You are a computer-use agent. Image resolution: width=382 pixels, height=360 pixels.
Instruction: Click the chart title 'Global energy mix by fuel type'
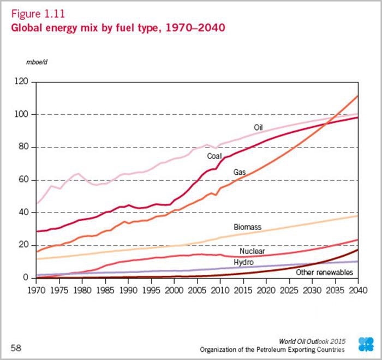117,26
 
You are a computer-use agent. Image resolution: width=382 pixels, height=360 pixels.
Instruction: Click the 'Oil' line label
259,127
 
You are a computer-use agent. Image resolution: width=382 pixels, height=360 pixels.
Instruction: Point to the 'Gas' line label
240,172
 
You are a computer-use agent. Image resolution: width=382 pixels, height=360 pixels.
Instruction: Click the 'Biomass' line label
247,226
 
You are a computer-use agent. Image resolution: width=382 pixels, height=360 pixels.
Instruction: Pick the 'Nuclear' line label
252,252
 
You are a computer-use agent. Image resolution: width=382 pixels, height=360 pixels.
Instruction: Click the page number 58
17,347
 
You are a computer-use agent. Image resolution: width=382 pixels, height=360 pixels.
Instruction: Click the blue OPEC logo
366,344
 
